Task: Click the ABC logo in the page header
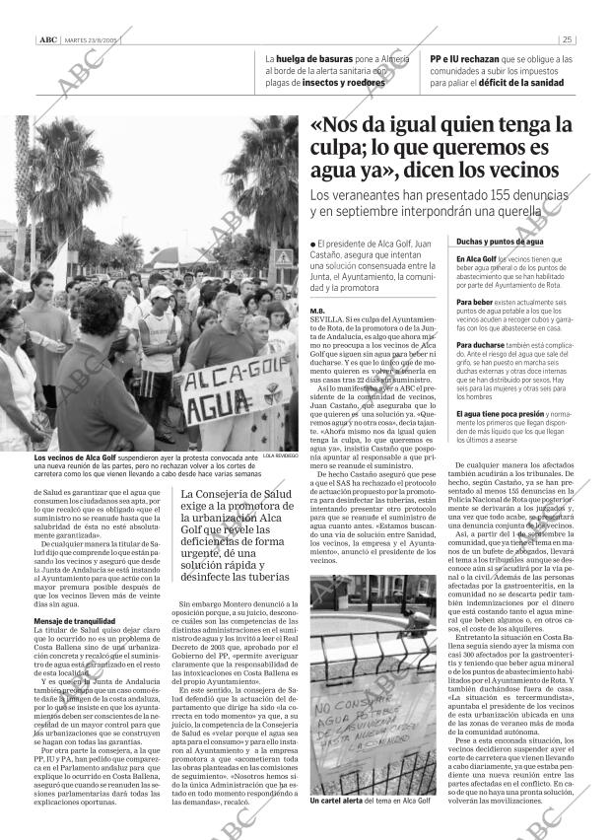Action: click(46, 39)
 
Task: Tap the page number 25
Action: click(567, 39)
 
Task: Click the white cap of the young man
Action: click(157, 293)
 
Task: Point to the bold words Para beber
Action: click(474, 301)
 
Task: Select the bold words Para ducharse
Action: click(479, 346)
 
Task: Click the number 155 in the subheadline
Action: click(463, 196)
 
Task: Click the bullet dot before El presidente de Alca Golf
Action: click(312, 243)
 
